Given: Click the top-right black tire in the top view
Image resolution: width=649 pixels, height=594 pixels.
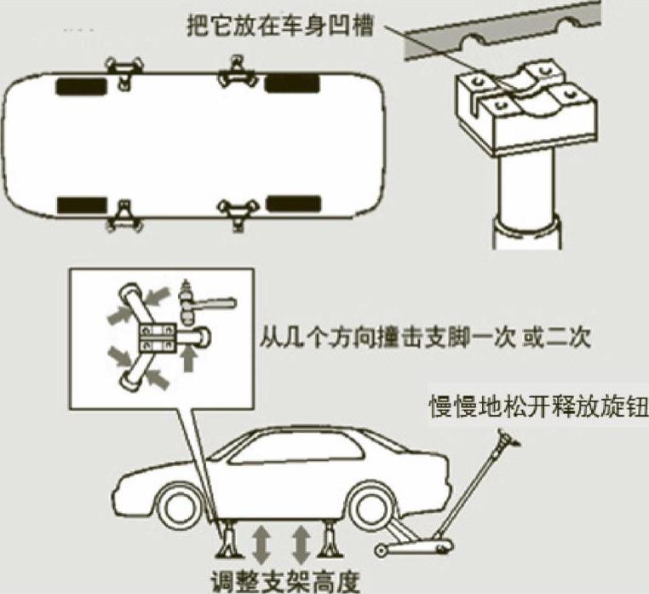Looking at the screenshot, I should click(291, 84).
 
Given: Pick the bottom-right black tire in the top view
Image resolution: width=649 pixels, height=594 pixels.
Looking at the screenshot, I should click(292, 204).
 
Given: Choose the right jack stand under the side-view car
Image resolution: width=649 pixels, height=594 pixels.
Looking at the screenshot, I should click(330, 541).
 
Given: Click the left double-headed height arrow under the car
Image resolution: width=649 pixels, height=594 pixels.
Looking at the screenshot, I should click(261, 543).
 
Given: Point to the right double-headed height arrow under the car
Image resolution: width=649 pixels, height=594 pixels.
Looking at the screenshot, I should click(300, 543).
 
